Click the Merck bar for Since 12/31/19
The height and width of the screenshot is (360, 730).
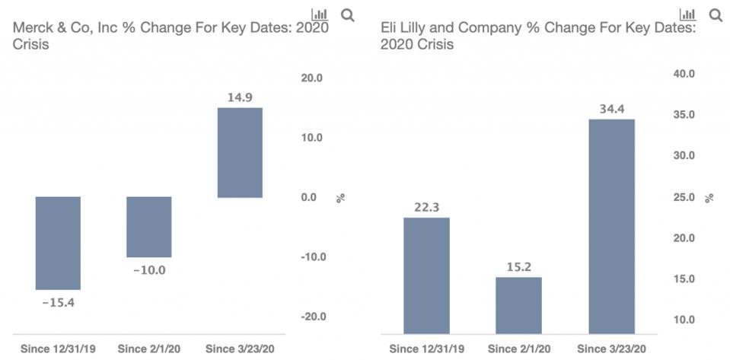(x=58, y=243)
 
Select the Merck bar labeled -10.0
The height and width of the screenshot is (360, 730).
(x=149, y=227)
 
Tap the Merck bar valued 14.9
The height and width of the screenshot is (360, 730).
(x=240, y=152)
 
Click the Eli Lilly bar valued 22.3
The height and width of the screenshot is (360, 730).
(x=426, y=276)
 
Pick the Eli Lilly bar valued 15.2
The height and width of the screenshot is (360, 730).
(x=518, y=305)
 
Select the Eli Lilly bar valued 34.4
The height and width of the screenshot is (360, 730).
(x=612, y=226)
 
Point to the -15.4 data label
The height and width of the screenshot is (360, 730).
(x=58, y=301)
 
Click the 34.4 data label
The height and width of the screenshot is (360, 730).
(x=612, y=109)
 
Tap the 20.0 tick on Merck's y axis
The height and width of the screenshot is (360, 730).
(x=311, y=78)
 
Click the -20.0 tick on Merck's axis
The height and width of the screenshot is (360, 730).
(x=310, y=317)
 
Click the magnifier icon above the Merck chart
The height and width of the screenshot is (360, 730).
(x=347, y=14)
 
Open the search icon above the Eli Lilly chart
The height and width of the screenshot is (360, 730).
(x=716, y=14)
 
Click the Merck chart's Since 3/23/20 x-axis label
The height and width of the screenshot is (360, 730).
(x=241, y=349)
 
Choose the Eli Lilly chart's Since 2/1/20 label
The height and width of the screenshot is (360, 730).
(x=518, y=349)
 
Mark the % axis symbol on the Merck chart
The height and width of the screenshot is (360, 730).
(x=341, y=198)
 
